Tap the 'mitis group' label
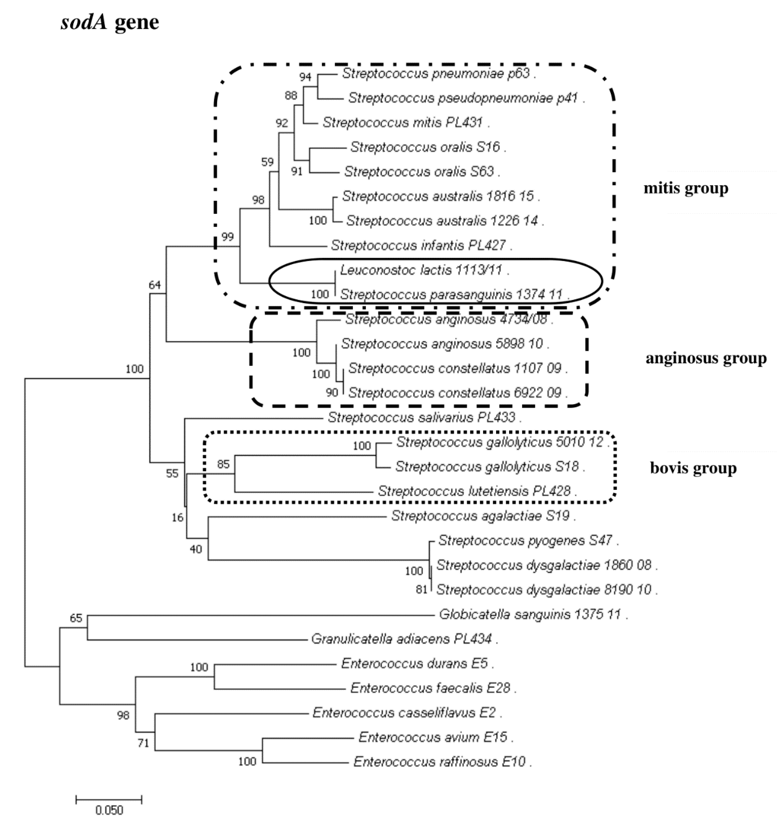pos(685,188)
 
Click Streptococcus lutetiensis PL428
pos(474,491)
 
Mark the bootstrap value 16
pos(177,517)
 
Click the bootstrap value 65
pos(76,618)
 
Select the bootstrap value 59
pos(267,162)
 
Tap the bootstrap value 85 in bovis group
pos(223,464)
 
